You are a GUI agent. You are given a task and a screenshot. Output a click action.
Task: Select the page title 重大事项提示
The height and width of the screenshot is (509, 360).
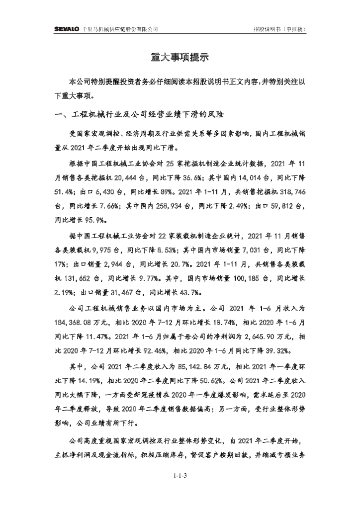180,57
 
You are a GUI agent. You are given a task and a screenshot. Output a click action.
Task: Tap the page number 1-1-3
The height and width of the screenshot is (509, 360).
180,476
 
